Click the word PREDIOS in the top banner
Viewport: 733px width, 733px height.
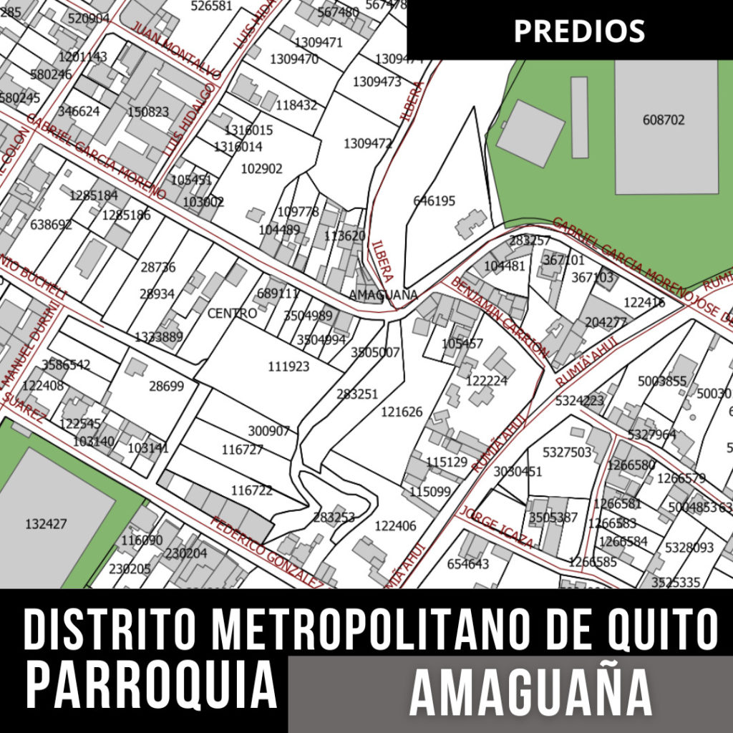(x=579, y=31)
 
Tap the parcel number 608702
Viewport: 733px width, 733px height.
(x=663, y=120)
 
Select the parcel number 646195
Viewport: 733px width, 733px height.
(x=434, y=201)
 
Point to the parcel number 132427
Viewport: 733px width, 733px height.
(x=46, y=523)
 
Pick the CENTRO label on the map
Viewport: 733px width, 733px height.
(x=232, y=314)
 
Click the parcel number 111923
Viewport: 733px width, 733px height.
(x=288, y=366)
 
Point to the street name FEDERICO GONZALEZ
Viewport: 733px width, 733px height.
(x=266, y=549)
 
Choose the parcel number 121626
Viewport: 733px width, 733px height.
(x=402, y=412)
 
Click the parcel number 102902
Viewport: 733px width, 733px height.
(x=261, y=169)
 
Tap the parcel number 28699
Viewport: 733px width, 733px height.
(x=166, y=387)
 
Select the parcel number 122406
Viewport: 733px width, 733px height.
(x=395, y=526)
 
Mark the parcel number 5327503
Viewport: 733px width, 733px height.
(x=567, y=452)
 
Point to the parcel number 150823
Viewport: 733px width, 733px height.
(x=148, y=112)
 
